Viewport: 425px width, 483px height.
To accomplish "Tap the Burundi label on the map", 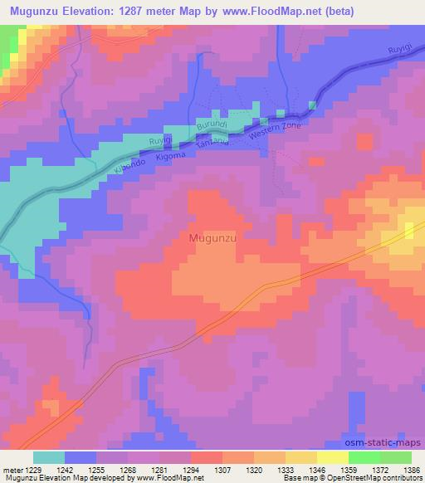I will [211, 125].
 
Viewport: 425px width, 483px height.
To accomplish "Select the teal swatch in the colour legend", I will [50, 456].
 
